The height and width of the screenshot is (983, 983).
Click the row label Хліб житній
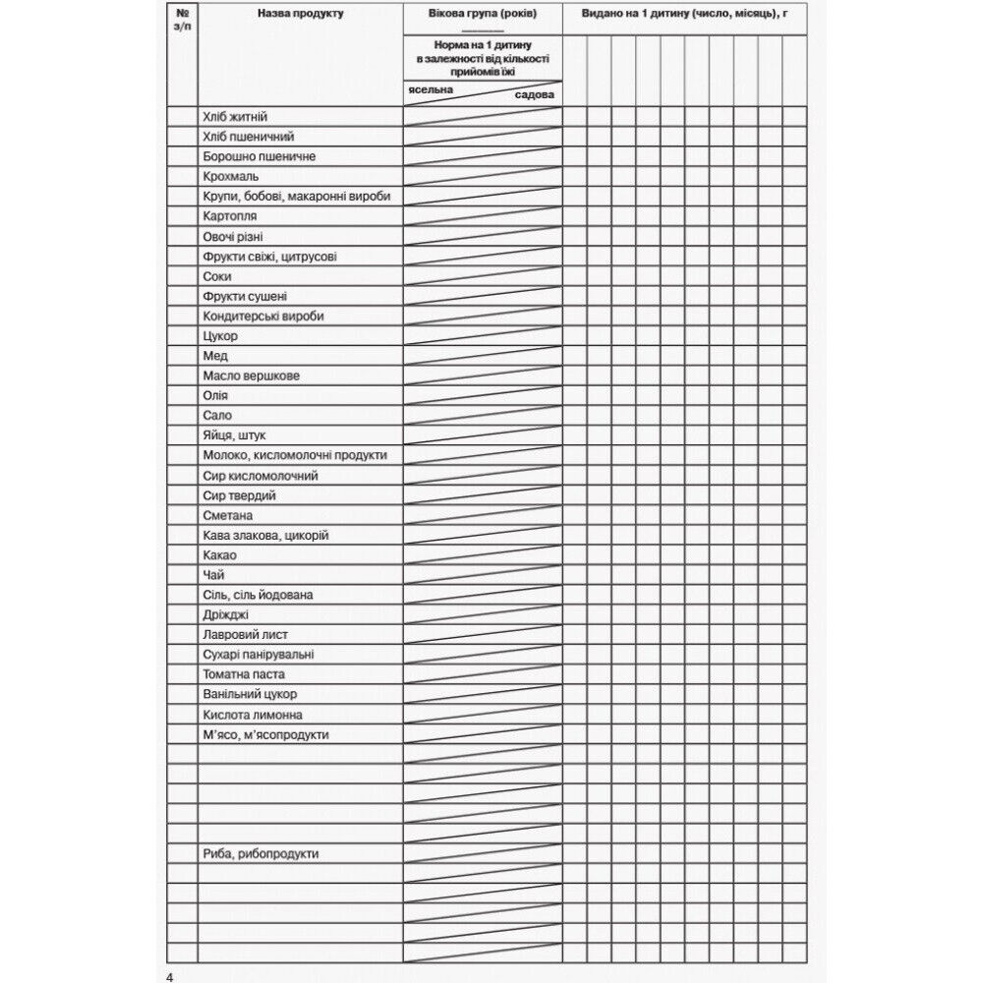click(235, 117)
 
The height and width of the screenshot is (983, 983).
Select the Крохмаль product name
click(231, 177)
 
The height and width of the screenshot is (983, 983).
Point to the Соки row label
click(217, 276)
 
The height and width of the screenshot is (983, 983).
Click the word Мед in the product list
click(215, 356)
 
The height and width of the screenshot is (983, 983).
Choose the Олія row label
click(215, 395)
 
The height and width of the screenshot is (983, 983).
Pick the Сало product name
click(217, 416)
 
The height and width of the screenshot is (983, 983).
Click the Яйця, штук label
click(234, 435)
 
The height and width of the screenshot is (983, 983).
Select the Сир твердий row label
click(239, 495)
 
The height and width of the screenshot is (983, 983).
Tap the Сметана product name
click(228, 515)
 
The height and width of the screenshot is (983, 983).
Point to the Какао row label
click(219, 555)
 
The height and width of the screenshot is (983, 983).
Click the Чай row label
click(213, 575)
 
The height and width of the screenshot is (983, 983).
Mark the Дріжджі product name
click(225, 614)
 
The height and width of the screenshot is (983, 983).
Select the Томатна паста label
click(244, 674)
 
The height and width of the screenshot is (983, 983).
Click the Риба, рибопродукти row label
click(260, 854)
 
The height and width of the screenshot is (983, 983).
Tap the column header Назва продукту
click(300, 15)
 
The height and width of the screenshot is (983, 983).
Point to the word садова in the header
click(535, 95)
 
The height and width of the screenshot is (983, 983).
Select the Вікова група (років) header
click(483, 15)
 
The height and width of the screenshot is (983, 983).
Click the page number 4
click(170, 975)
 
